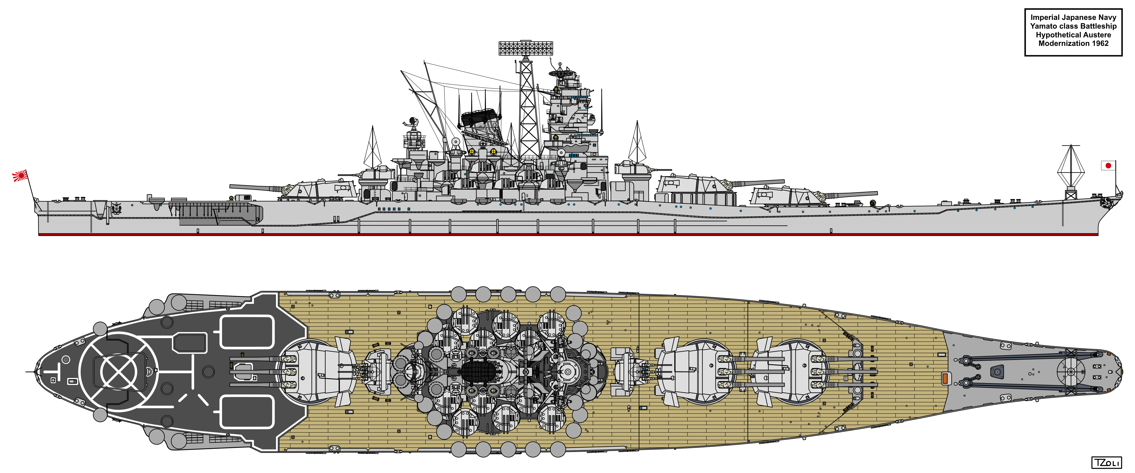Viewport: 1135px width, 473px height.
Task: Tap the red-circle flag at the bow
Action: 1108,165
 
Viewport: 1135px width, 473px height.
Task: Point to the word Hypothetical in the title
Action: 1056,35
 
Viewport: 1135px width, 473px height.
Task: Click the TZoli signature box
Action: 1106,462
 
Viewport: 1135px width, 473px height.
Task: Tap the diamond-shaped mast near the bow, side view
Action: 1071,170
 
